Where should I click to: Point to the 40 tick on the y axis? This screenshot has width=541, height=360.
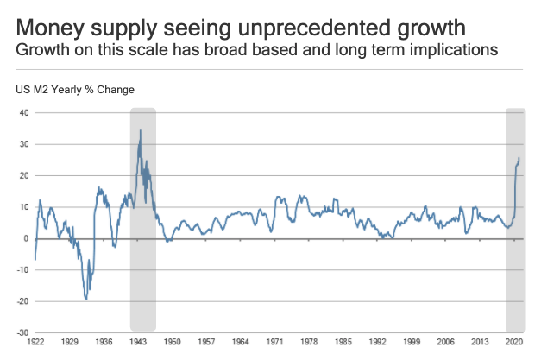24,113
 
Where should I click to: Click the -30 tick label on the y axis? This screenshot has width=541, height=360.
23,332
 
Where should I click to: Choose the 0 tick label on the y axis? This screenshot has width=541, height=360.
27,238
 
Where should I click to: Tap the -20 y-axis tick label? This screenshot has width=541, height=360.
23,301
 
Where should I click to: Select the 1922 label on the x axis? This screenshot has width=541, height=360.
35,342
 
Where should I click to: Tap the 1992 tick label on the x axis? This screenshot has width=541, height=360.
381,342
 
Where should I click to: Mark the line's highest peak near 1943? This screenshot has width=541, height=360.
141,130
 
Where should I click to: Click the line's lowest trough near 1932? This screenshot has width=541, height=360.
86,300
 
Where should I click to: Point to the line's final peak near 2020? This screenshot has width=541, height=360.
519,157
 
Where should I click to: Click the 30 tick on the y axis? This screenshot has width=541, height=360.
24,144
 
